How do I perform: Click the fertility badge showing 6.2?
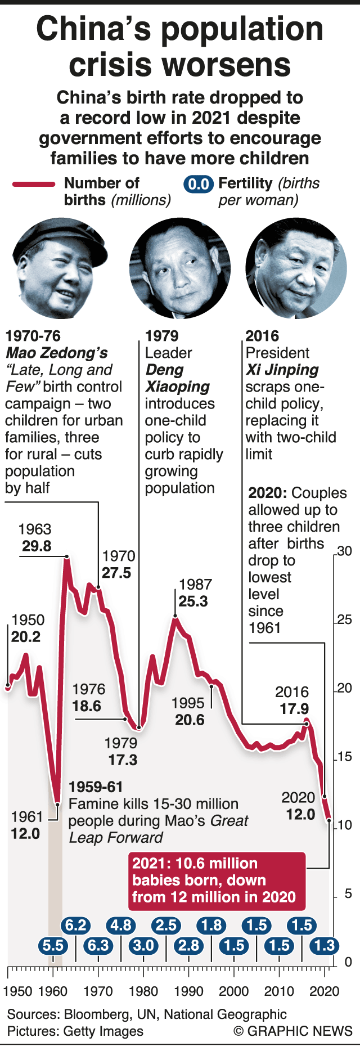76,925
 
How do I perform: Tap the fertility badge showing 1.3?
325,945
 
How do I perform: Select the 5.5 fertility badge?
53,945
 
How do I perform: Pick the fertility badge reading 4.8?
121,925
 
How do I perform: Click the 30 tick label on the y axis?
344,551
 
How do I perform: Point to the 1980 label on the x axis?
143,991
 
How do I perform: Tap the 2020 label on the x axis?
325,991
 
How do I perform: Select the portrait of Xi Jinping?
296,268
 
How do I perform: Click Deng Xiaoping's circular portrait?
180,268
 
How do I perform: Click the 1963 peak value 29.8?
37,546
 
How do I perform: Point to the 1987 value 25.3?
193,601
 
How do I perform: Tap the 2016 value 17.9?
294,709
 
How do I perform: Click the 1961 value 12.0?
25,833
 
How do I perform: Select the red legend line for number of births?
34,184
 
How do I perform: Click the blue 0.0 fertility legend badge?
199,184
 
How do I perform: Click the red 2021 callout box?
217,881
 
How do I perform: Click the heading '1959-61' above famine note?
96,787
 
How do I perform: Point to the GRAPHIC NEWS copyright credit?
292,1031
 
